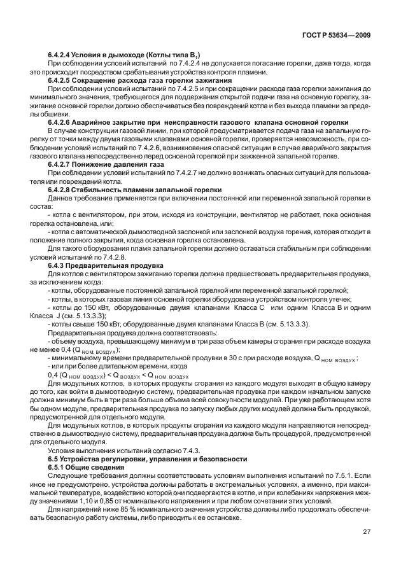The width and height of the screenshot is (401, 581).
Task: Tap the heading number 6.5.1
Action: click(57, 466)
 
